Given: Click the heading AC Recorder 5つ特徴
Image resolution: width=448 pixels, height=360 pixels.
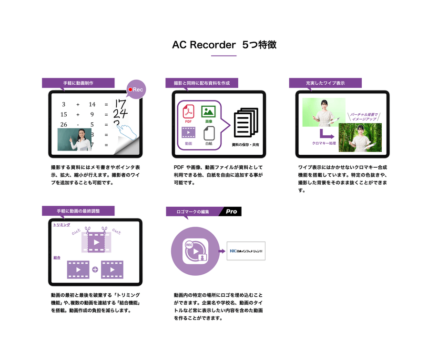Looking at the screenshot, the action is [x=224, y=45].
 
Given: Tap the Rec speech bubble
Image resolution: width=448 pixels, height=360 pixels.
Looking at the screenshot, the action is [x=136, y=90].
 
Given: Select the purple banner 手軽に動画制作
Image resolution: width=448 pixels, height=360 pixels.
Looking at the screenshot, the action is [x=78, y=83].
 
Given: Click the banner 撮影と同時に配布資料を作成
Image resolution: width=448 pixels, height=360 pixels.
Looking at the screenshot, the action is [x=202, y=83].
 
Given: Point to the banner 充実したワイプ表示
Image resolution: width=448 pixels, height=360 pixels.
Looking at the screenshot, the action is [x=325, y=83].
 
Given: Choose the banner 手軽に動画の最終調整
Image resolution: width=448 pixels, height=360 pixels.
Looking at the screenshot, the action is [x=78, y=211].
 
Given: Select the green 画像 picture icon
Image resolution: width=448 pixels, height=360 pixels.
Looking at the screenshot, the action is [x=208, y=112].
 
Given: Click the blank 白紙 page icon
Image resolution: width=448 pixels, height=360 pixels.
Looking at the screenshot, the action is [x=209, y=133].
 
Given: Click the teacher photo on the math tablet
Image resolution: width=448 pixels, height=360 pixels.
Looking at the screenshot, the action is [x=74, y=139].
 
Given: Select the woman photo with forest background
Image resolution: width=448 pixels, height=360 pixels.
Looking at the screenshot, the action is [x=360, y=137].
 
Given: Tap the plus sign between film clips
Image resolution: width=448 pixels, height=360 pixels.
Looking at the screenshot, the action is [x=95, y=270].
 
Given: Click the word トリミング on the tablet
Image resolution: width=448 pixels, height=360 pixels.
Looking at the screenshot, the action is [x=62, y=225].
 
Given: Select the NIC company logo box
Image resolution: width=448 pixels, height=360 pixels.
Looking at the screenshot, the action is [x=246, y=251].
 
